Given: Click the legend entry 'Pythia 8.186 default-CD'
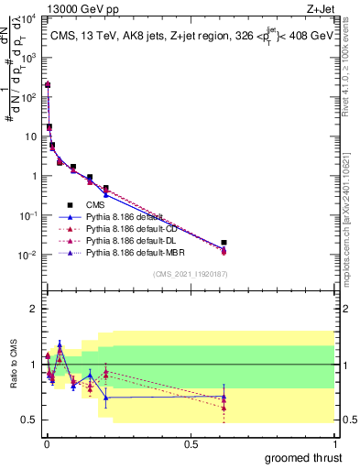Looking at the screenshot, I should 123,229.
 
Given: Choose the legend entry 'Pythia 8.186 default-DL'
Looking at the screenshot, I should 122,241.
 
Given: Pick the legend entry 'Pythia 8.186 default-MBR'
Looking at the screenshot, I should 125,253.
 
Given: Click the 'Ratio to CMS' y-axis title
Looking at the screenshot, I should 12,365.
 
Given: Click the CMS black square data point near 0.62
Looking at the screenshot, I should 224,243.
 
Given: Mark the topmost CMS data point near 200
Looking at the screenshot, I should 47,84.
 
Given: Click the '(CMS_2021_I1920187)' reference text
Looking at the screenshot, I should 191,274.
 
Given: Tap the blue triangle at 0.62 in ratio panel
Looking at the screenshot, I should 224,397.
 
